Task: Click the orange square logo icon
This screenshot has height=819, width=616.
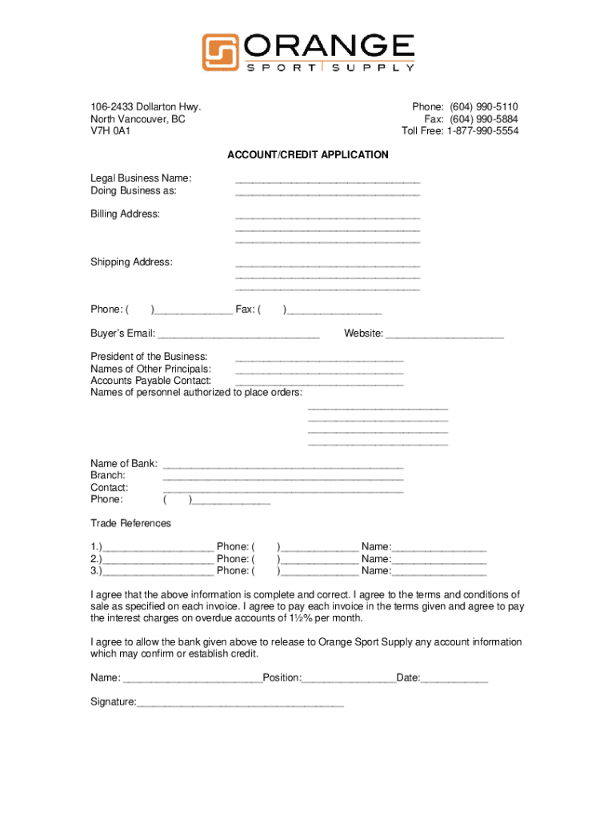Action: pyautogui.click(x=220, y=52)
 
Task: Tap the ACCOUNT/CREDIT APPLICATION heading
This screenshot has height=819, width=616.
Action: pyautogui.click(x=308, y=154)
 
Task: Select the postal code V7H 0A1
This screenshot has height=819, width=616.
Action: pyautogui.click(x=110, y=131)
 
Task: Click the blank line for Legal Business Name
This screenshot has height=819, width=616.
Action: pyautogui.click(x=327, y=181)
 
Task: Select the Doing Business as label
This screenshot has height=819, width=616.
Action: pyautogui.click(x=134, y=191)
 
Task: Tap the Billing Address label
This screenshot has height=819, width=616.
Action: pyautogui.click(x=125, y=214)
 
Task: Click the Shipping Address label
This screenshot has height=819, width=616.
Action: pyautogui.click(x=131, y=262)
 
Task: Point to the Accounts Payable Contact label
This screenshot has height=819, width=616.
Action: pyautogui.click(x=151, y=381)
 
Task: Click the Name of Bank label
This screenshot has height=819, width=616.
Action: pyautogui.click(x=124, y=464)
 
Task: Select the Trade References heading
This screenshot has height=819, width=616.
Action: pyautogui.click(x=130, y=523)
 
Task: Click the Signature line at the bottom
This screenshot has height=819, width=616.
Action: pyautogui.click(x=240, y=705)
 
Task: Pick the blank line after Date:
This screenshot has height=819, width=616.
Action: pyautogui.click(x=454, y=681)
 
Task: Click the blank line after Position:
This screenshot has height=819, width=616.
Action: pyautogui.click(x=349, y=681)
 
